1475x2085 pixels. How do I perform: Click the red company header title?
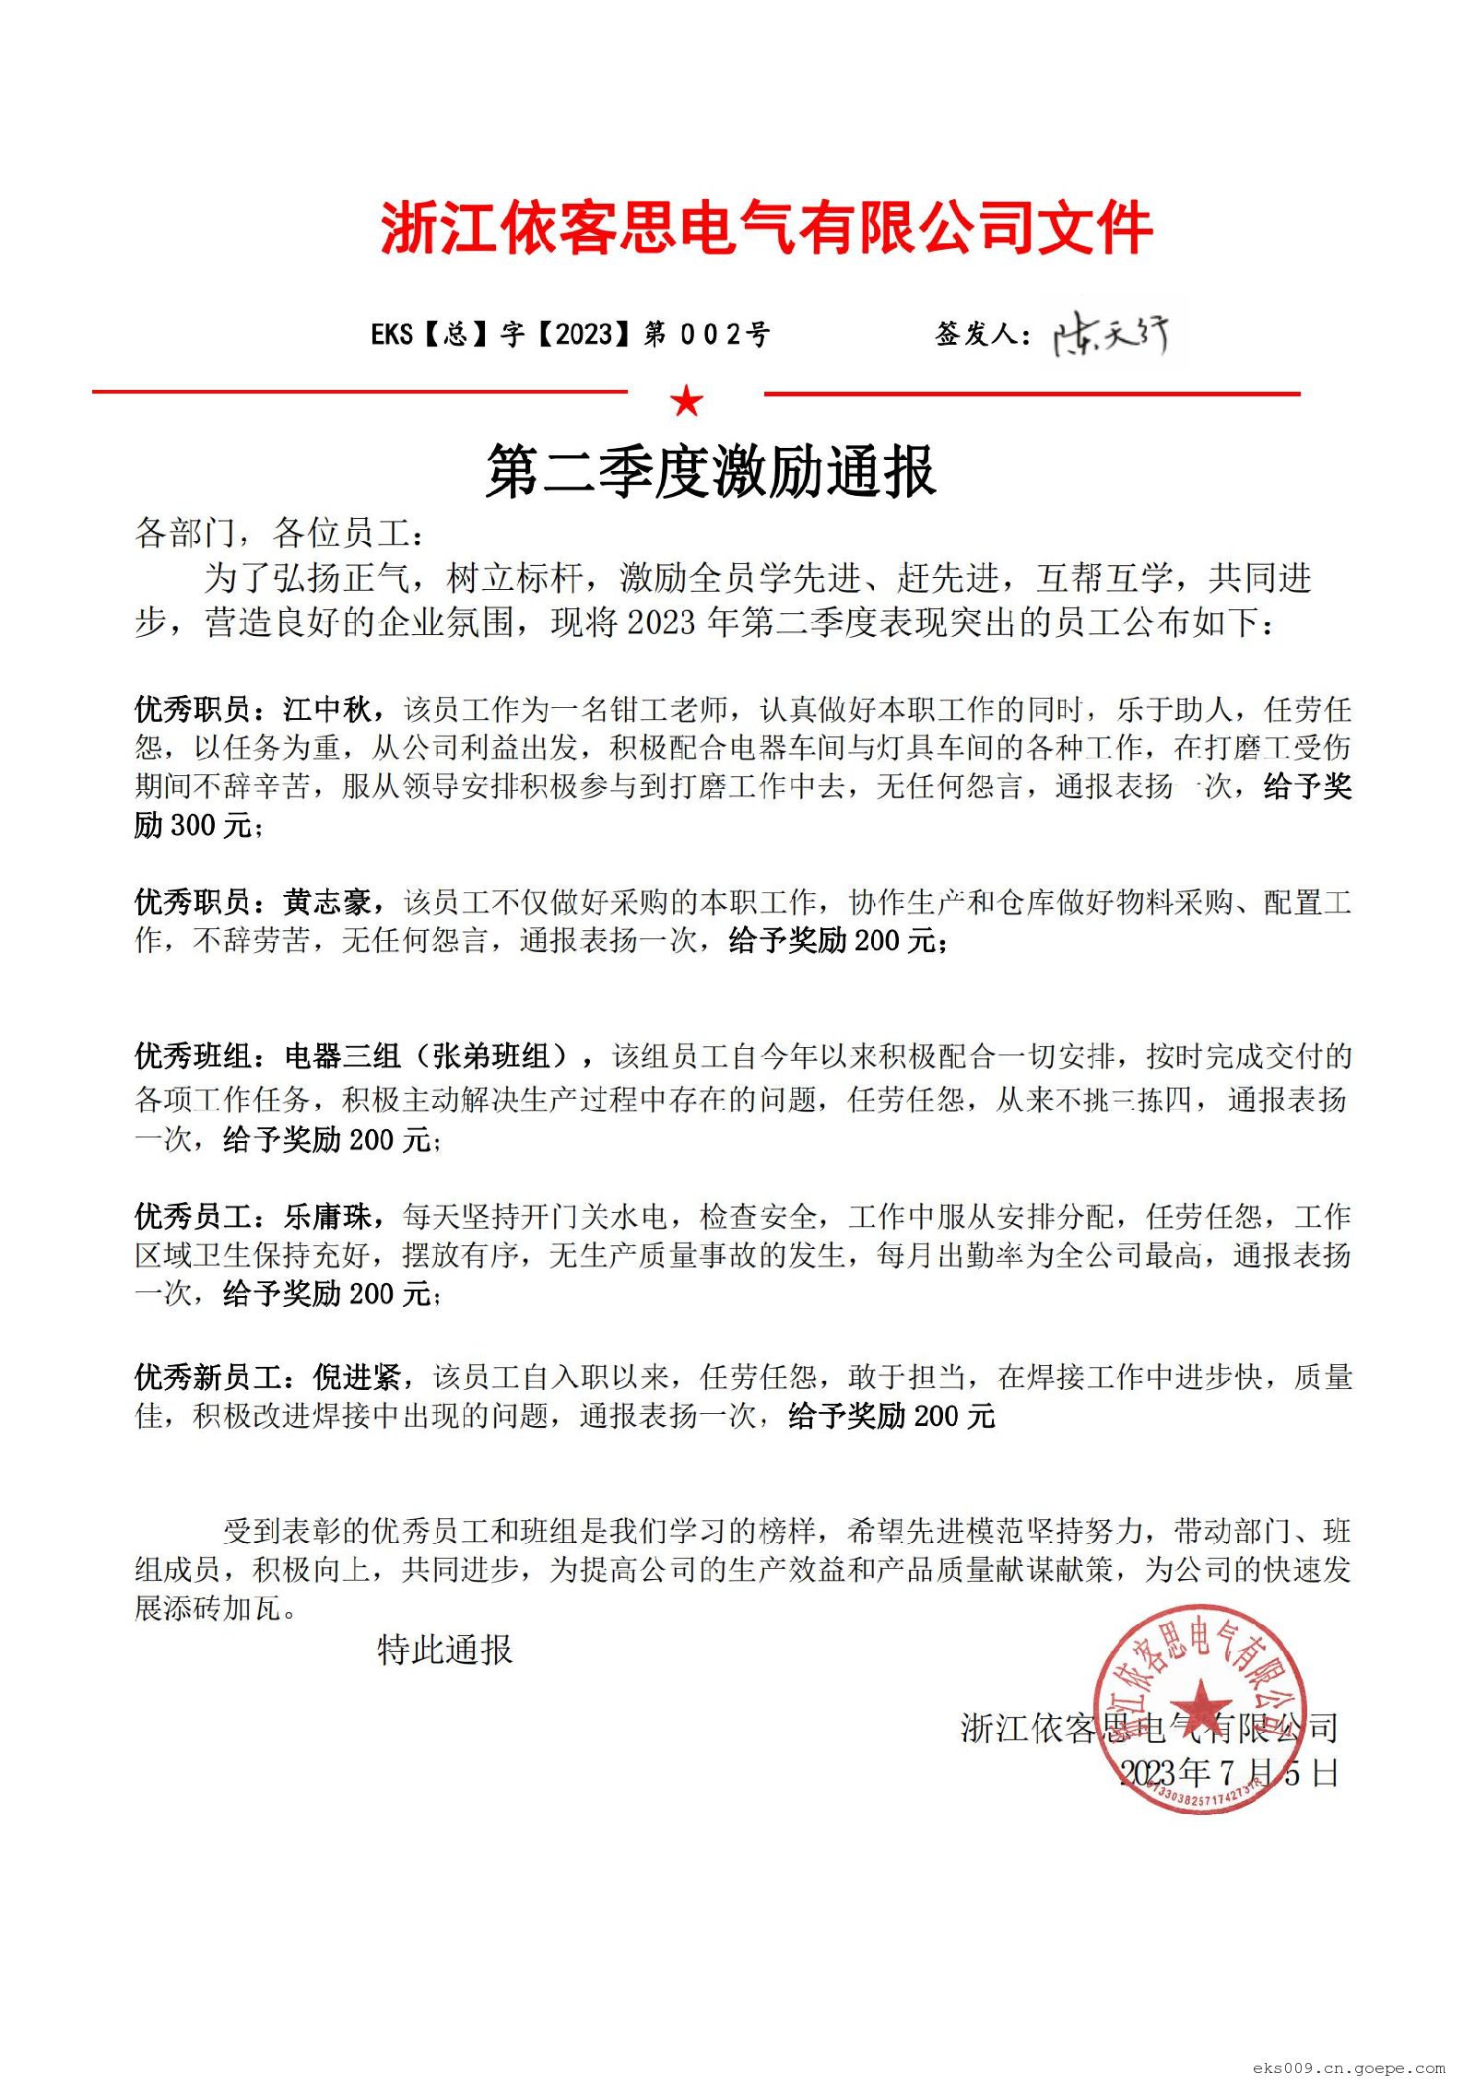766,228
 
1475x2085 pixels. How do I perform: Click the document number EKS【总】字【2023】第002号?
570,334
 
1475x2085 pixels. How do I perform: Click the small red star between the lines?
687,401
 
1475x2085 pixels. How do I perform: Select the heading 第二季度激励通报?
711,472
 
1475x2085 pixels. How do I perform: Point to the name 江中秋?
327,709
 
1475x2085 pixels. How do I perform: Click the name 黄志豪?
327,901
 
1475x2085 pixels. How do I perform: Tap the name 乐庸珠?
327,1217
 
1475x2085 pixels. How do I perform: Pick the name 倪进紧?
358,1377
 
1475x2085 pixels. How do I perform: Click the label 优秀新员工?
208,1377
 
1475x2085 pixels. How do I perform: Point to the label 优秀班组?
194,1056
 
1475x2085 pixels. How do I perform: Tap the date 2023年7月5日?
1228,1772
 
